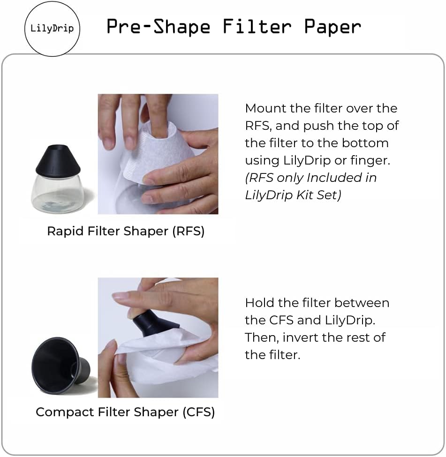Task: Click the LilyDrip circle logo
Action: [x=52, y=28]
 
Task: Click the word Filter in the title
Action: [x=257, y=27]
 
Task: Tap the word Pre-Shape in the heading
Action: [x=158, y=27]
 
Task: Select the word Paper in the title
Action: [x=332, y=27]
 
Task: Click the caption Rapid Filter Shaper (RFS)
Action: [x=126, y=231]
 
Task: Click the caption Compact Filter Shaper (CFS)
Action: [x=125, y=412]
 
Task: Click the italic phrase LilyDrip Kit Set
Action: [x=293, y=195]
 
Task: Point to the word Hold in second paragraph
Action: [x=260, y=303]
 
